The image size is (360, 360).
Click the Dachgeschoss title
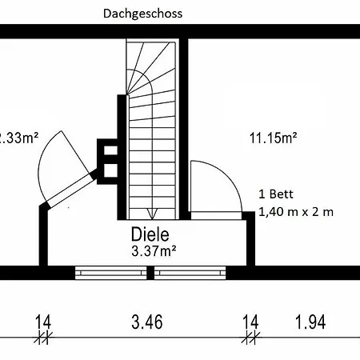[142, 14]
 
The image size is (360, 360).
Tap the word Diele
[150, 234]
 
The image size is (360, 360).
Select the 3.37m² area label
[154, 251]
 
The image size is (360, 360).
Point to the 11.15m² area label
[273, 138]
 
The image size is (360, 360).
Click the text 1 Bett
[276, 194]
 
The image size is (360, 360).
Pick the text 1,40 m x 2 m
[296, 212]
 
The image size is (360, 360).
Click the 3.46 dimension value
[147, 322]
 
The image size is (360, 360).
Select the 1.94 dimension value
[310, 322]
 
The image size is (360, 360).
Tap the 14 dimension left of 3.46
[43, 322]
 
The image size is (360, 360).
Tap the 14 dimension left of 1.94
[250, 322]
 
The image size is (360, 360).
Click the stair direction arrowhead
[152, 214]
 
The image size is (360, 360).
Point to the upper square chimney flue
[110, 150]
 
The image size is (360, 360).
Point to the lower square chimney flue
[110, 170]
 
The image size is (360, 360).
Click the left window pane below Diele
[111, 273]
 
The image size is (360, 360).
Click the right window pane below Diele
[190, 273]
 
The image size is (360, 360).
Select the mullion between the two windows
[150, 273]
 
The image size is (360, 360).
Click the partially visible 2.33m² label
[18, 138]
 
